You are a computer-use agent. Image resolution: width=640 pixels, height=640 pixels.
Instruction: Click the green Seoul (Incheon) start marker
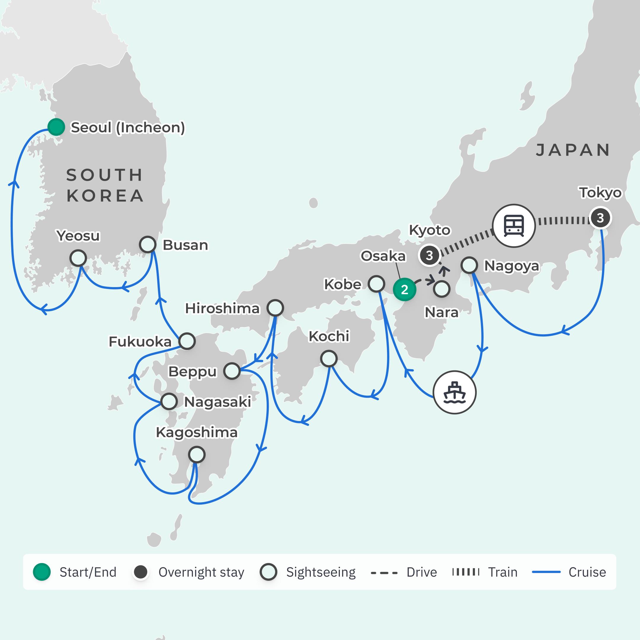click(56, 127)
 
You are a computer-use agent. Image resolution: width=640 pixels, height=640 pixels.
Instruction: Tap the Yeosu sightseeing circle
click(78, 258)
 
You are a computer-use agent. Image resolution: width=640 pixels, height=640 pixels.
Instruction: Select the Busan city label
click(185, 245)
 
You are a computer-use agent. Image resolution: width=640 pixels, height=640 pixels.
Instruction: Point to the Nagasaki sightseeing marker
click(169, 401)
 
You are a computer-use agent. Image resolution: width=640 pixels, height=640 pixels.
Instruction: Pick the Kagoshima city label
click(197, 432)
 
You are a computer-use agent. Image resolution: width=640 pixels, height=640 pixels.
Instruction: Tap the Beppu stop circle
click(232, 371)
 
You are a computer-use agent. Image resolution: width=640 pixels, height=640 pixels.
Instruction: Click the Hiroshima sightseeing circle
click(275, 308)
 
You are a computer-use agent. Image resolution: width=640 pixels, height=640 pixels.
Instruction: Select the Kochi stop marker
click(329, 359)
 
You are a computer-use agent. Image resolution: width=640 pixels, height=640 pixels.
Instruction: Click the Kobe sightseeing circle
click(376, 284)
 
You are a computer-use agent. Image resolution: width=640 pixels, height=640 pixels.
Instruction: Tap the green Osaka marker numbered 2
click(404, 289)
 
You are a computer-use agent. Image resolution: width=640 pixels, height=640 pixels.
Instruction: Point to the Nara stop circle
click(441, 289)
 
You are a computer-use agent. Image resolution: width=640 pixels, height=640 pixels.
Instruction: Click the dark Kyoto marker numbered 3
click(429, 255)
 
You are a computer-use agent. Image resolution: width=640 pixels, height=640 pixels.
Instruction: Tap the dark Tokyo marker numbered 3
click(600, 218)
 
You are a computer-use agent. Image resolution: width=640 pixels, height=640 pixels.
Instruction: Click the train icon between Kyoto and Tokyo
click(514, 225)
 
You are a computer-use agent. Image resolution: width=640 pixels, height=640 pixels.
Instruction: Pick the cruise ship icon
click(455, 392)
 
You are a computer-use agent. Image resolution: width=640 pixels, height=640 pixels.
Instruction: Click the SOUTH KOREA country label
click(105, 185)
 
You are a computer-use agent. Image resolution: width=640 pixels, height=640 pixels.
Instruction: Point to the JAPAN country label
click(573, 150)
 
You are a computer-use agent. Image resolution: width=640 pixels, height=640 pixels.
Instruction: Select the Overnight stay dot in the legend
click(141, 572)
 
